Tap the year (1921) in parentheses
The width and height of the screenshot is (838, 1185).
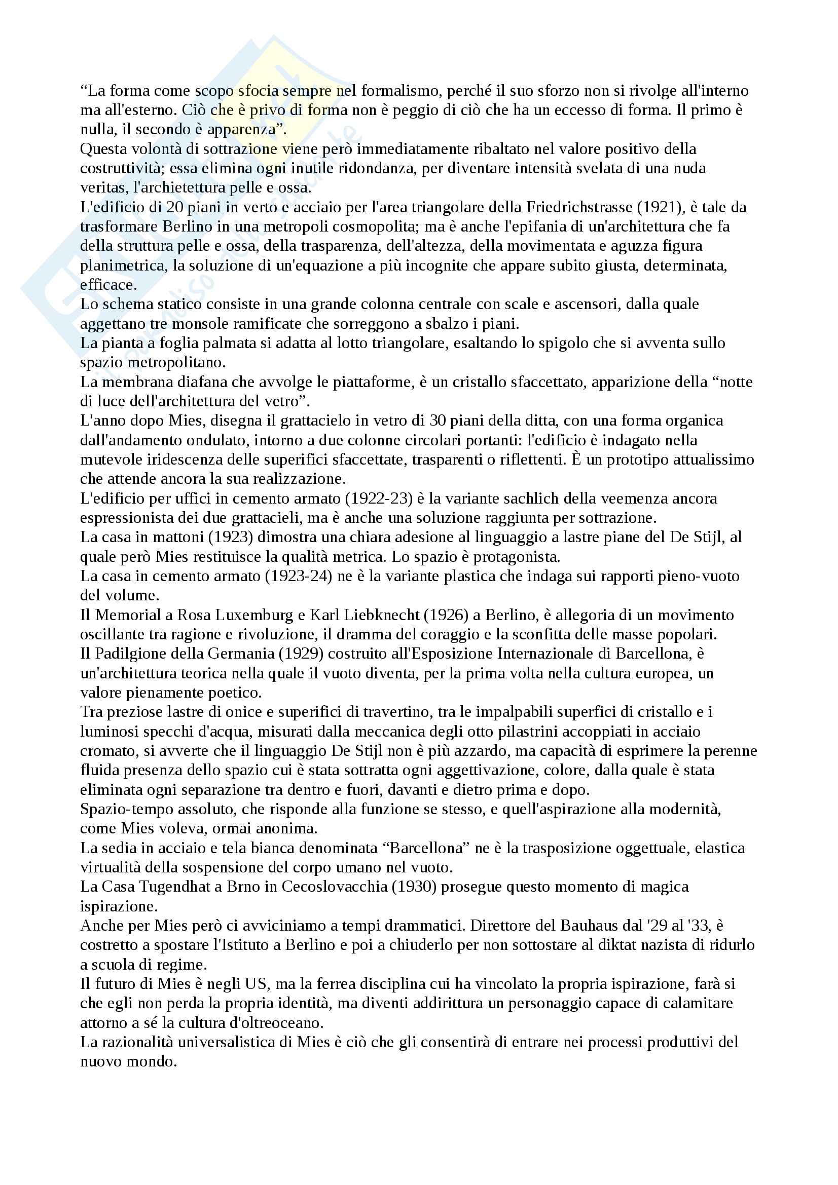(x=661, y=207)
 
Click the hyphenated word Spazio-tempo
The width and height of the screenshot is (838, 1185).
(x=122, y=809)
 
